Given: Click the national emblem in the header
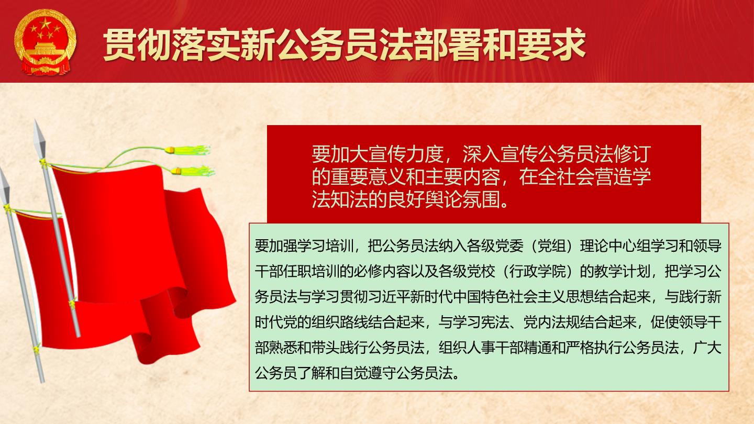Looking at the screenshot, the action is [x=46, y=42].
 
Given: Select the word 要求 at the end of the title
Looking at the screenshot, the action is [x=552, y=45].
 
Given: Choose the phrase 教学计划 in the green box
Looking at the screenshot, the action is [x=622, y=272].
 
